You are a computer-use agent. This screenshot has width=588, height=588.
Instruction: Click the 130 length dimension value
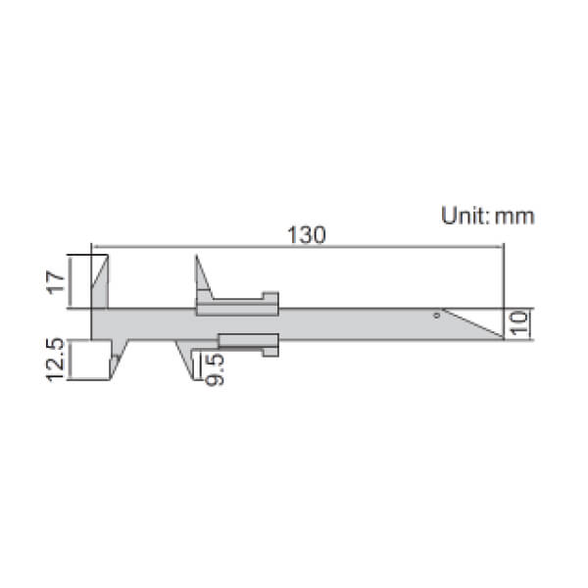pos(305,235)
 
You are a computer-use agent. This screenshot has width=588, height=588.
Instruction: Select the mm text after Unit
pos(514,217)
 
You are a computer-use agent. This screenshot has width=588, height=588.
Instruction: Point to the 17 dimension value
pos(56,282)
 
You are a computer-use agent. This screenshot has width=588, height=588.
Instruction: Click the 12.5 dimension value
pos(56,359)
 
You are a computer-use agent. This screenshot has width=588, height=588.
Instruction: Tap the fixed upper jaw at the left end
pos(102,282)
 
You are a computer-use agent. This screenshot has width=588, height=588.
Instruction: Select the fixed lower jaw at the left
pos(117,359)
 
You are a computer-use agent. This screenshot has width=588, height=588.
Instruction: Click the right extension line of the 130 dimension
pos(504,284)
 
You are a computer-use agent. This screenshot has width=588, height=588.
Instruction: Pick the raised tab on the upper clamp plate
pos(269,297)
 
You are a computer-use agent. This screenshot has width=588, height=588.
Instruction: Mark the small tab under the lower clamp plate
pos(270,351)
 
